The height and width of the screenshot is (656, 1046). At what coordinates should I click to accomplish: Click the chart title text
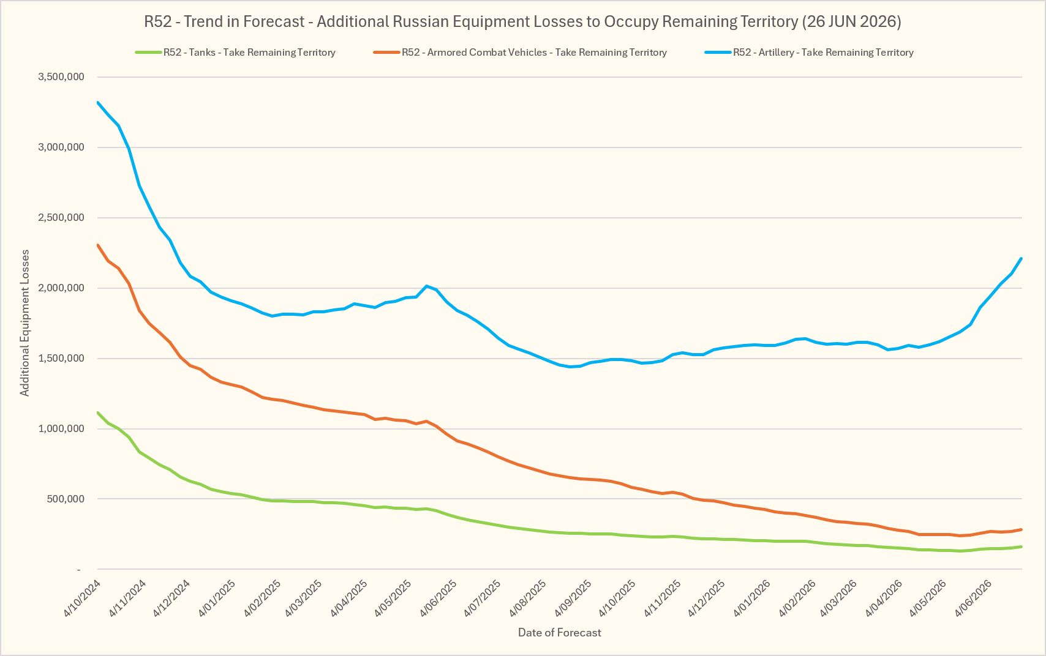522,22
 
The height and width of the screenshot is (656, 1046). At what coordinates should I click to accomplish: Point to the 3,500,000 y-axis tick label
61,76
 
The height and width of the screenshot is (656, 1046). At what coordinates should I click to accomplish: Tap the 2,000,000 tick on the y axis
61,288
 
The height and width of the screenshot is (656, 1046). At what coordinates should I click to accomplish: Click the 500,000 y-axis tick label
66,499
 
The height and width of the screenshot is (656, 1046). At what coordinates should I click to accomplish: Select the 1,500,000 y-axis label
61,359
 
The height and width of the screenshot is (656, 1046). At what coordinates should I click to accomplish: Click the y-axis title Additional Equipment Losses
24,323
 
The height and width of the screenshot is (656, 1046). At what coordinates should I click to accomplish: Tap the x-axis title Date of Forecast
559,633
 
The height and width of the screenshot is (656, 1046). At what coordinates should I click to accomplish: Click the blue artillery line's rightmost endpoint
1022,258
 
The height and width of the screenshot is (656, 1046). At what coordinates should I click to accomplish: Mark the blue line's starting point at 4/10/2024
97,102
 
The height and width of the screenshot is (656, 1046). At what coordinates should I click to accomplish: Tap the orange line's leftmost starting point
97,245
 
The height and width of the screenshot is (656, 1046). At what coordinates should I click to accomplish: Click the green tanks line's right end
1022,546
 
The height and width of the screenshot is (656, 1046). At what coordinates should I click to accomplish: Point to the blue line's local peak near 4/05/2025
426,286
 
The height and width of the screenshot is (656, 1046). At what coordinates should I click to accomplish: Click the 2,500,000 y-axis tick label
61,217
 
